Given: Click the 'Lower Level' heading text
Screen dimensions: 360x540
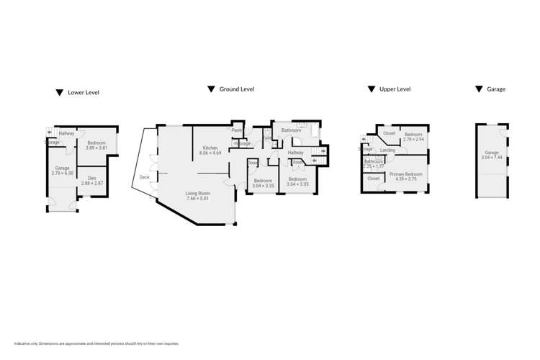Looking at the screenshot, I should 83,93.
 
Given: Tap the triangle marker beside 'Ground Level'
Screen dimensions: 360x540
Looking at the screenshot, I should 211,89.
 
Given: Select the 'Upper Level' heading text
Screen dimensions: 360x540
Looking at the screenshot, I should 395,89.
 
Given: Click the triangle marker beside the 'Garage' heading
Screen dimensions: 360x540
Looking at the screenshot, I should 479,89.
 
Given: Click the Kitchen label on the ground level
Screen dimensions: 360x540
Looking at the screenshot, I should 210,148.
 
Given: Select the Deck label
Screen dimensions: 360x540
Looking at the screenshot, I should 144,177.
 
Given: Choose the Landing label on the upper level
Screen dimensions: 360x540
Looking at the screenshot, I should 388,150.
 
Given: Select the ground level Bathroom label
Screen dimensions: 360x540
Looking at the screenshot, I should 291,130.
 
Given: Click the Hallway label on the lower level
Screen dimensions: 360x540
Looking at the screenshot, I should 67,133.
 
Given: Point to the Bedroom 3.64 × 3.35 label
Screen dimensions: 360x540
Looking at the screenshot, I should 297,181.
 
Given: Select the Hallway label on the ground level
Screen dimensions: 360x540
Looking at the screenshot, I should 295,153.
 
